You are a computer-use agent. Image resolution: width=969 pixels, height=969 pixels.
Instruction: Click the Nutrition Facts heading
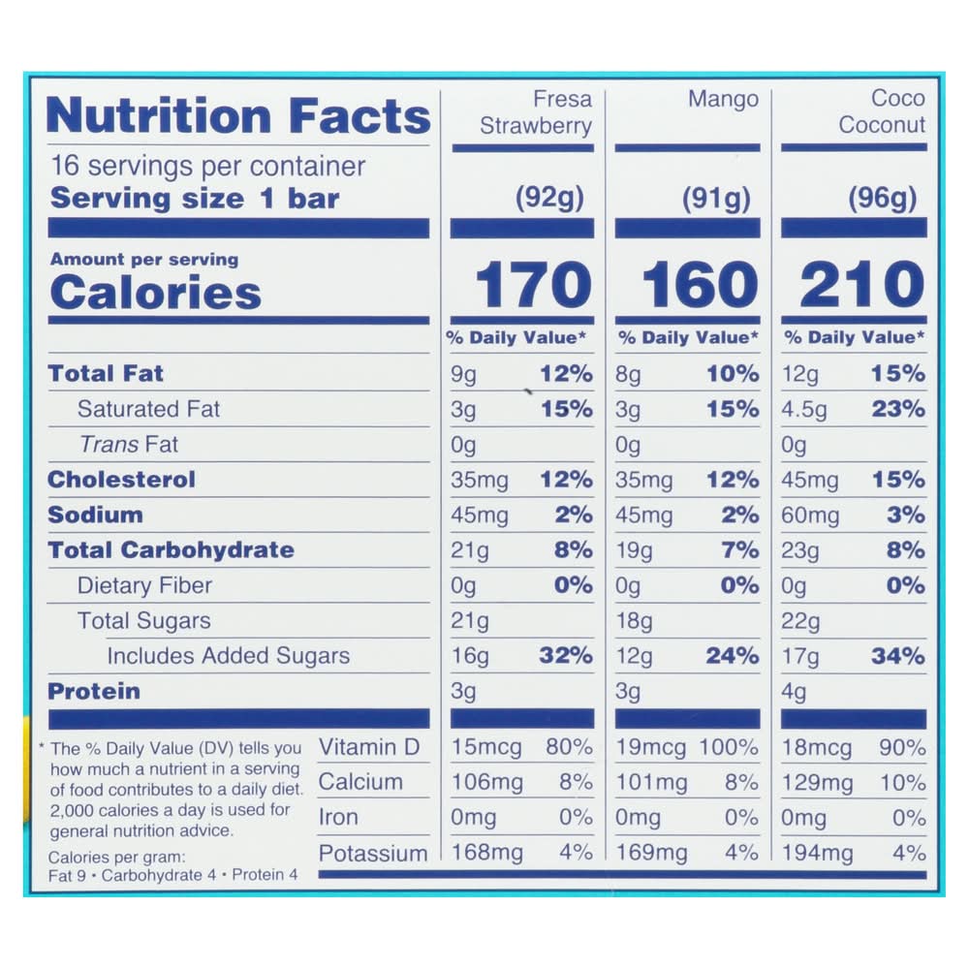pyautogui.click(x=237, y=116)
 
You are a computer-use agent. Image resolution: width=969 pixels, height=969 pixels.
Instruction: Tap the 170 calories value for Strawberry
pyautogui.click(x=533, y=285)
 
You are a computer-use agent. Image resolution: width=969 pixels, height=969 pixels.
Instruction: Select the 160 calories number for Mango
pyautogui.click(x=701, y=285)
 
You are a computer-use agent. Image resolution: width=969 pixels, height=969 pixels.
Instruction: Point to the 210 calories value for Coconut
pyautogui.click(x=862, y=285)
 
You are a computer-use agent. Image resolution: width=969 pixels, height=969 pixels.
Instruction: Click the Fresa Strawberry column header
pyautogui.click(x=536, y=112)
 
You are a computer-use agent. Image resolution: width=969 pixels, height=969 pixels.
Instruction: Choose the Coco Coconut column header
pyautogui.click(x=882, y=111)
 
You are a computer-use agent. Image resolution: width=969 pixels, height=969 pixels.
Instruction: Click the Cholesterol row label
pyautogui.click(x=121, y=480)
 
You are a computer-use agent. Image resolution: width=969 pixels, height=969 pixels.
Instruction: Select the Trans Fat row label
pyautogui.click(x=128, y=445)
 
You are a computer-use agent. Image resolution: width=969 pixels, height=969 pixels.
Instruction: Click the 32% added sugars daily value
pyautogui.click(x=566, y=656)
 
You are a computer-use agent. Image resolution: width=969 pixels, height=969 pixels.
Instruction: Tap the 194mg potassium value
pyautogui.click(x=817, y=854)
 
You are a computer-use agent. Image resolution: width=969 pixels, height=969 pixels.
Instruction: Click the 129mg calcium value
pyautogui.click(x=817, y=783)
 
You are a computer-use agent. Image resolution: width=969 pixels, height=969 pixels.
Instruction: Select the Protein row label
pyautogui.click(x=94, y=692)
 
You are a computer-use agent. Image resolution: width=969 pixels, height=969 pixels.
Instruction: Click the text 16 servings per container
pyautogui.click(x=207, y=166)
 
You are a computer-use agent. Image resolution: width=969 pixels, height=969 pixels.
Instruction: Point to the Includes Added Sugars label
pyautogui.click(x=228, y=656)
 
